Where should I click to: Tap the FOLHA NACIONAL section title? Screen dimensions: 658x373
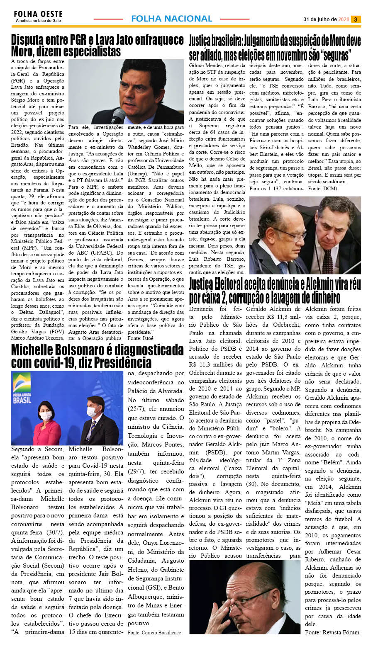(171, 19)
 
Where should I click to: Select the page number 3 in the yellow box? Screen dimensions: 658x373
(356, 19)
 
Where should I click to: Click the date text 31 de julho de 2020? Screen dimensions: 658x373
(326, 19)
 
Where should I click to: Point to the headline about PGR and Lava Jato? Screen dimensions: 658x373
(97, 46)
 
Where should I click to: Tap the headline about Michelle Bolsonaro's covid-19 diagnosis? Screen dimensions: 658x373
(97, 356)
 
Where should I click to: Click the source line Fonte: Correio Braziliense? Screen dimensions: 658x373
(154, 632)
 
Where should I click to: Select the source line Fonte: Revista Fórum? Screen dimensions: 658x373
(332, 632)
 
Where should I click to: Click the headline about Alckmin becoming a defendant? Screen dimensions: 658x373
(275, 291)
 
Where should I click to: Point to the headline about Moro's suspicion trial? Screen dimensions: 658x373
(275, 48)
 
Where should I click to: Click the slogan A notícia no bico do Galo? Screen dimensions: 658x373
(38, 21)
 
